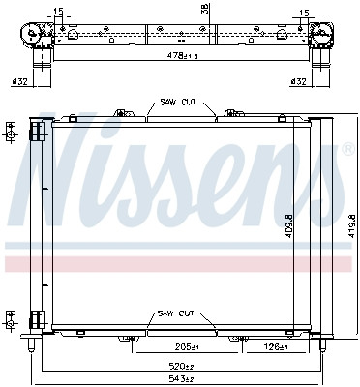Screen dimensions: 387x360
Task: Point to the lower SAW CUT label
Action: tap(176, 313)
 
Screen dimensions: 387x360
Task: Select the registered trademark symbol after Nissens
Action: tap(346, 149)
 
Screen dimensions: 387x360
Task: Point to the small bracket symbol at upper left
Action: tap(11, 130)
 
